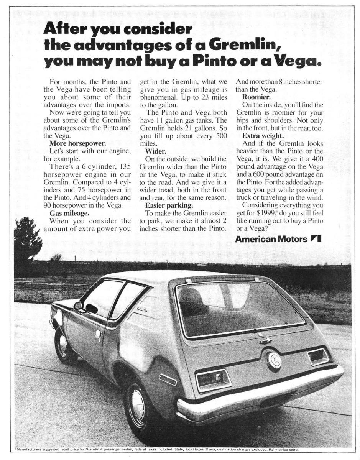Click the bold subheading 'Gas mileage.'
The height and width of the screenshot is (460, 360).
pyautogui.click(x=69, y=213)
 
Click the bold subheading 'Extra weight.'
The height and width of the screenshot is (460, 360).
pyautogui.click(x=263, y=135)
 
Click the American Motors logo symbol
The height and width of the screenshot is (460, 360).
pyautogui.click(x=316, y=239)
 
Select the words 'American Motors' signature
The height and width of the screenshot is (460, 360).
pyautogui.click(x=271, y=239)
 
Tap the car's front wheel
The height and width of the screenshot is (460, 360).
pyautogui.click(x=62, y=344)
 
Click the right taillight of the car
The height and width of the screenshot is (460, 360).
pyautogui.click(x=318, y=356)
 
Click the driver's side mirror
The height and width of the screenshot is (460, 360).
pyautogui.click(x=79, y=306)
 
